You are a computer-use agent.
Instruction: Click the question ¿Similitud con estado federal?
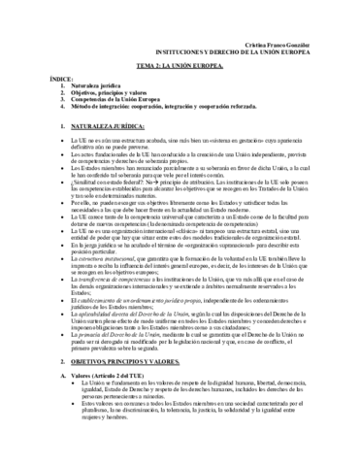tap(88, 183)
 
